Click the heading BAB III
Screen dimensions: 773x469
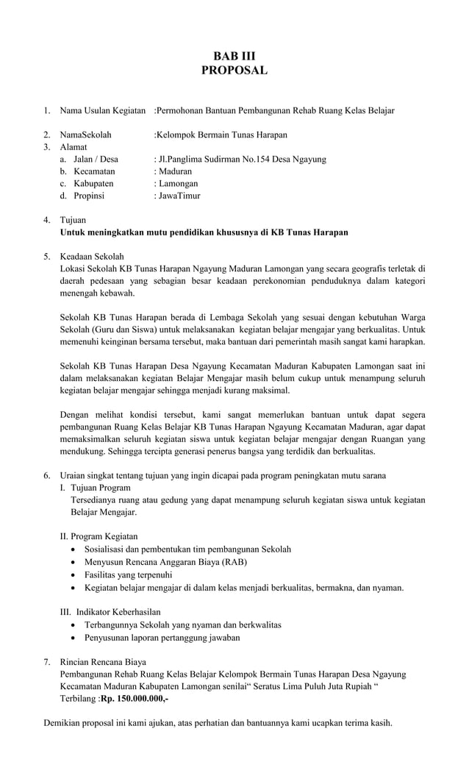[234, 56]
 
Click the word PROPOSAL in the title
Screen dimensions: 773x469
[234, 71]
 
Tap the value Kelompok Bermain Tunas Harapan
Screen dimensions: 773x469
[222, 135]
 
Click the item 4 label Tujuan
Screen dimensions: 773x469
[73, 220]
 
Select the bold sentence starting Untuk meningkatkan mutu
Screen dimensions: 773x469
[204, 232]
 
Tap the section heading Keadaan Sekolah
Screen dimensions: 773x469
[92, 256]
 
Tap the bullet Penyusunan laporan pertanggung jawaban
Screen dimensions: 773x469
[162, 638]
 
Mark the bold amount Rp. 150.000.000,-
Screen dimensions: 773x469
[135, 698]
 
